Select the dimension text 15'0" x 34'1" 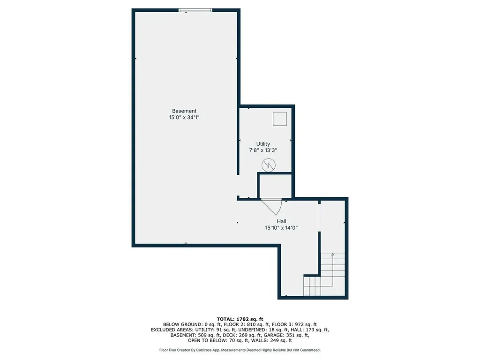coord(187,119)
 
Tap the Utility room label coord(263,144)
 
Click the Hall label coord(281,221)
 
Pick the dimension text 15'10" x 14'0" coord(281,228)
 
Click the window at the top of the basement coord(195,10)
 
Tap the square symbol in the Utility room coord(280,119)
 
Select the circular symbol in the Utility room coord(269,165)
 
